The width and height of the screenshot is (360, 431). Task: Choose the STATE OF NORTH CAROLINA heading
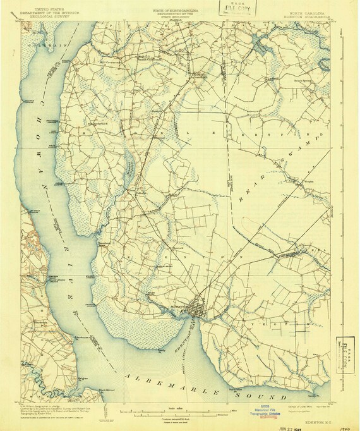(x=180, y=11)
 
